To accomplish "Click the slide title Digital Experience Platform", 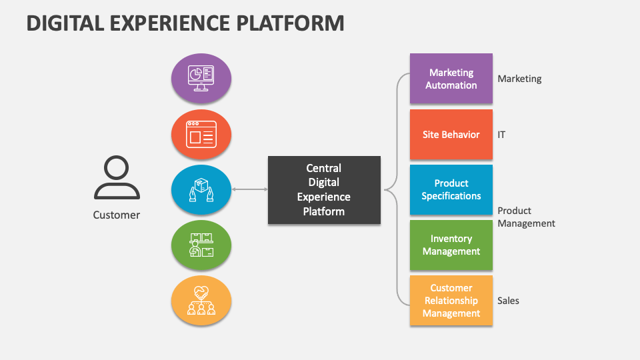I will pyautogui.click(x=186, y=23).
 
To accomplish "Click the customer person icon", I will pyautogui.click(x=117, y=178).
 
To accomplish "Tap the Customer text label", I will pyautogui.click(x=117, y=215).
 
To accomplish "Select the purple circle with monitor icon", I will pyautogui.click(x=201, y=79).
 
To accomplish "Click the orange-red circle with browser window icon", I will pyautogui.click(x=201, y=135).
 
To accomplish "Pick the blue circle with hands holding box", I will pyautogui.click(x=201, y=190).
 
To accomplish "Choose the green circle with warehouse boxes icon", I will pyautogui.click(x=201, y=245).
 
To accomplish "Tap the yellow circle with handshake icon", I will pyautogui.click(x=201, y=301).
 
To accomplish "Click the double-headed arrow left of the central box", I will pyautogui.click(x=249, y=190).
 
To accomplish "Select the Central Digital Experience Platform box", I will pyautogui.click(x=324, y=190).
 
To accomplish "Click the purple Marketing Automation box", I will pyautogui.click(x=451, y=79).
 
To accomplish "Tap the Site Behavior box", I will pyautogui.click(x=451, y=135).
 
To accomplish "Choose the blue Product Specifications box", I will pyautogui.click(x=451, y=190).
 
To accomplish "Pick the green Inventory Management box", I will pyautogui.click(x=451, y=245).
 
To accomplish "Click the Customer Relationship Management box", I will pyautogui.click(x=451, y=301).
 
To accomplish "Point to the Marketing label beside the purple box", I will pyautogui.click(x=519, y=79).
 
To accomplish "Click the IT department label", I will pyautogui.click(x=501, y=135).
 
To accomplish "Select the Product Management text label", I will pyautogui.click(x=526, y=217).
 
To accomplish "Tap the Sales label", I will pyautogui.click(x=508, y=301).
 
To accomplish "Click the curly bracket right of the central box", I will pyautogui.click(x=397, y=190).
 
